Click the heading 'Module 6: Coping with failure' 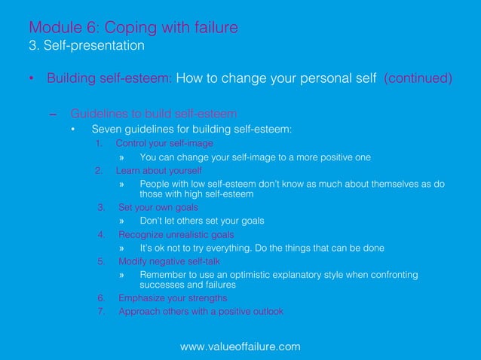pos(133,28)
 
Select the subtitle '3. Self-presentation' pos(86,46)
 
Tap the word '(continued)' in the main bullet pos(418,78)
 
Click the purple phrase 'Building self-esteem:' pos(110,78)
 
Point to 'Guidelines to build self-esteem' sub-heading pos(154,114)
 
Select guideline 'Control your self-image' pos(164,143)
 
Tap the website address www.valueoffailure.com pos(240,346)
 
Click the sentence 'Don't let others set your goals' pos(202,221)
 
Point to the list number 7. pos(101,312)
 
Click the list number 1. pos(99,143)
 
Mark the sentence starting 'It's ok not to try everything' pos(262,248)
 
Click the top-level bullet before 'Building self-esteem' pos(31,79)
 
